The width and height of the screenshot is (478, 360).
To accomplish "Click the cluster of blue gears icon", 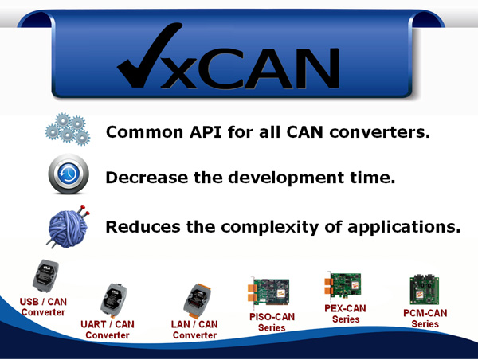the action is [68, 129].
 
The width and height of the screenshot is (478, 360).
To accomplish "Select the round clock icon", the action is [69, 174].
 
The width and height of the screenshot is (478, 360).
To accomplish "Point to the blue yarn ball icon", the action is [68, 227].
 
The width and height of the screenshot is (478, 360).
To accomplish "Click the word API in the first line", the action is [206, 132].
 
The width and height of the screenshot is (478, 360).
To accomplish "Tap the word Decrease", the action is [147, 178].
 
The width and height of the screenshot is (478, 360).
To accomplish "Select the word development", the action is [287, 178].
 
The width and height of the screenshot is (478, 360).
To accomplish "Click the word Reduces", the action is [143, 227].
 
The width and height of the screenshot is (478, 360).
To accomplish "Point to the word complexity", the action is [270, 228].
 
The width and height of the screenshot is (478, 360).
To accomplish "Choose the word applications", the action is [404, 228].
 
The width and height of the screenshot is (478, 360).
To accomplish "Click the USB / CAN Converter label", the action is [43, 307].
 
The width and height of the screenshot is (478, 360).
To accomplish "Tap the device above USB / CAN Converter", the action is [45, 276].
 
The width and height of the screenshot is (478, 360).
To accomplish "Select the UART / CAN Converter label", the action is [108, 330].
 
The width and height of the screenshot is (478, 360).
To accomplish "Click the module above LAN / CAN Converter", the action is [198, 300].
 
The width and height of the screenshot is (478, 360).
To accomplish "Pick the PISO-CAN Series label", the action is [272, 322].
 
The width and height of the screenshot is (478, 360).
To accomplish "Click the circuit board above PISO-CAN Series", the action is [268, 292].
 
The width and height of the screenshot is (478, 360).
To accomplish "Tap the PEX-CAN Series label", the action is [346, 314].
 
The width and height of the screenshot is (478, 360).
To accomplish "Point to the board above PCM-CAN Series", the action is [425, 290].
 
